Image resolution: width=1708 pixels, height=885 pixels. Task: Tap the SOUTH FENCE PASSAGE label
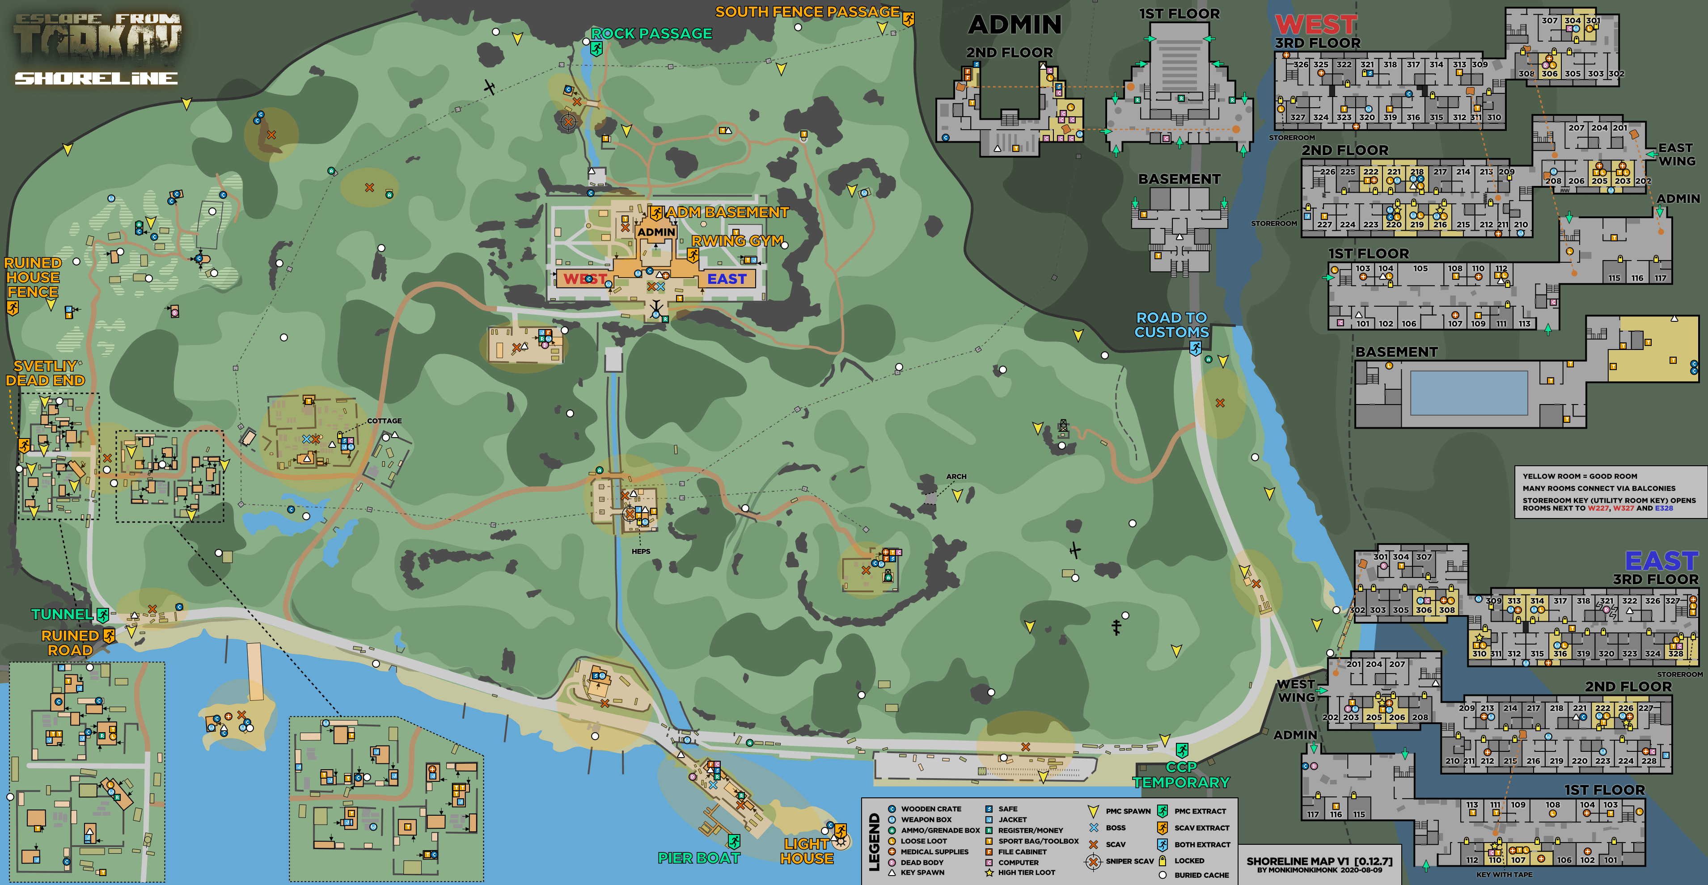pyautogui.click(x=807, y=12)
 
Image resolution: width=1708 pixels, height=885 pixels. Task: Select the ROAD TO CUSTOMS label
pyautogui.click(x=1171, y=325)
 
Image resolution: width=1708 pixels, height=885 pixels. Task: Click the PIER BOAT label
pyautogui.click(x=698, y=858)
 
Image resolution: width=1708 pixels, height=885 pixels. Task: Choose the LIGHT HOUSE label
pyautogui.click(x=806, y=851)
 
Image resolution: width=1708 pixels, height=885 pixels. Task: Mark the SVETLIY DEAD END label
pyautogui.click(x=45, y=373)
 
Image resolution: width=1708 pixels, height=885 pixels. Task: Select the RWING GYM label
pyautogui.click(x=737, y=240)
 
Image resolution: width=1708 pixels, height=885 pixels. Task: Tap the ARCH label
pyautogui.click(x=955, y=476)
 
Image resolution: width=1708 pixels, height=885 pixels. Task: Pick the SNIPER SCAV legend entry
pyautogui.click(x=1129, y=861)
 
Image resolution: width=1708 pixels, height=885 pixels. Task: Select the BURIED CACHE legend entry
pyautogui.click(x=1201, y=875)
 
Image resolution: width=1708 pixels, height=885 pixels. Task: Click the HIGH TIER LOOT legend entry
pyautogui.click(x=1027, y=872)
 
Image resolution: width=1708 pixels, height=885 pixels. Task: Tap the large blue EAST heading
pyautogui.click(x=1661, y=561)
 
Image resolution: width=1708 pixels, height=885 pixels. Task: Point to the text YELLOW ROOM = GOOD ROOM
pyautogui.click(x=1579, y=476)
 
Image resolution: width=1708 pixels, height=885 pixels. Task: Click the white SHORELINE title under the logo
pyautogui.click(x=96, y=78)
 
